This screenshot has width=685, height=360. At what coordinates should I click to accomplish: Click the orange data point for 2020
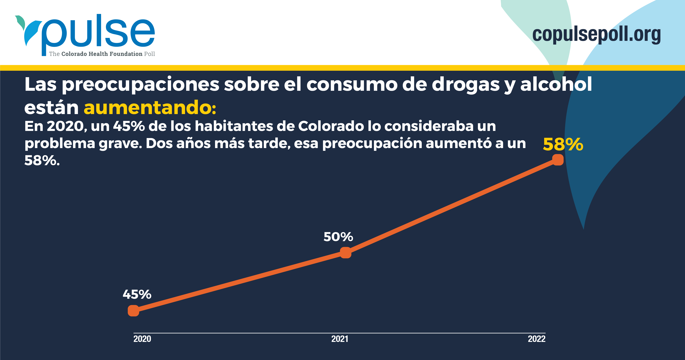click(x=134, y=311)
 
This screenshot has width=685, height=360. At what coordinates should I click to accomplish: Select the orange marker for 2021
click(x=346, y=253)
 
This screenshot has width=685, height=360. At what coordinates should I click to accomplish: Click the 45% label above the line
click(x=137, y=294)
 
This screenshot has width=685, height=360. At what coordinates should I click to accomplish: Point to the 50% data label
click(x=338, y=236)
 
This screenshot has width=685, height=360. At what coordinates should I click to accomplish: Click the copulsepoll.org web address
click(x=597, y=34)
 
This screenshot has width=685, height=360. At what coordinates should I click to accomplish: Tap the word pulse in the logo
click(x=98, y=33)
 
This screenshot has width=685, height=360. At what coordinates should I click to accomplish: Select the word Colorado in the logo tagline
click(x=74, y=54)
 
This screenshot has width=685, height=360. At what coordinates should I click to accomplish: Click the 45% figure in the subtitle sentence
click(x=129, y=126)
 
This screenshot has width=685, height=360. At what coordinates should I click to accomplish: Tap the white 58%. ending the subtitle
click(x=42, y=160)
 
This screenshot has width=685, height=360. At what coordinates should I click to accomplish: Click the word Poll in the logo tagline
click(x=149, y=54)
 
